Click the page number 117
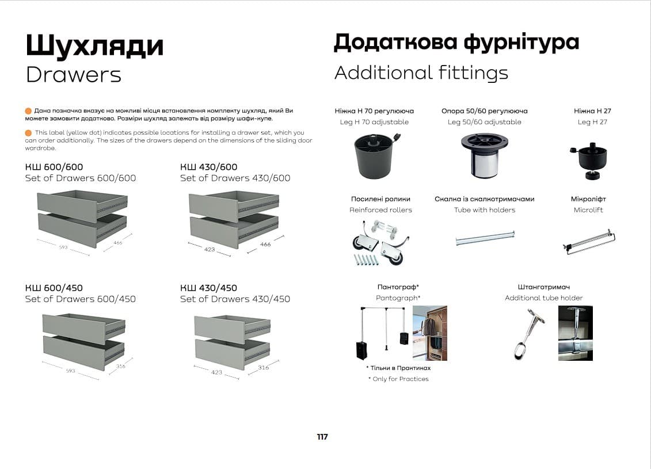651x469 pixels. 322,437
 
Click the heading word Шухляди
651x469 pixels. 94,45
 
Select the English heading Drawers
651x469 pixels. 74,75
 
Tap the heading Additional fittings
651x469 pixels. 421,73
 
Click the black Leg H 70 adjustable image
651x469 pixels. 374,154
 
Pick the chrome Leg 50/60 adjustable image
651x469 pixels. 484,154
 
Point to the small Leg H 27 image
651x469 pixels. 591,160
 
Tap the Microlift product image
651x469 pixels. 589,242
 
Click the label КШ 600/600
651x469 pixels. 54,167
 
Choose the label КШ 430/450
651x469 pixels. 208,288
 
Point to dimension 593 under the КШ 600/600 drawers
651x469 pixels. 63,247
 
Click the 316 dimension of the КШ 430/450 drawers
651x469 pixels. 263,367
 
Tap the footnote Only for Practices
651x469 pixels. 398,379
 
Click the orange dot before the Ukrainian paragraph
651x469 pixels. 28,110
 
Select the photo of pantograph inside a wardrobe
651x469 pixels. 429,333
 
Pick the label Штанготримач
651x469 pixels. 543,287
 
